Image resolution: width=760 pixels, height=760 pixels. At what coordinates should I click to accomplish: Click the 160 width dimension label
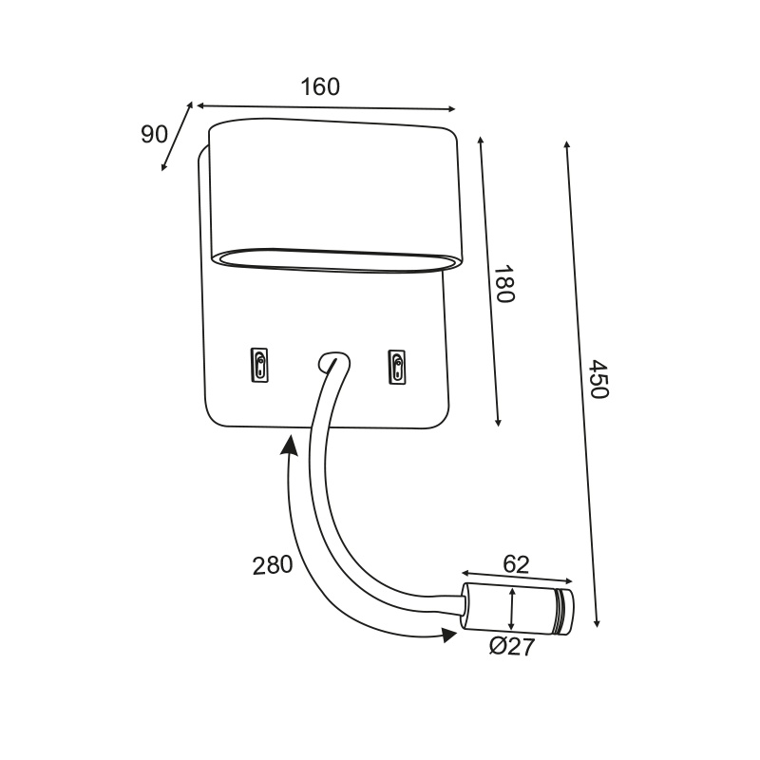pyautogui.click(x=320, y=87)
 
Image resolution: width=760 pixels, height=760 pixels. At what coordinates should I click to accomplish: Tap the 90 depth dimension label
pyautogui.click(x=154, y=134)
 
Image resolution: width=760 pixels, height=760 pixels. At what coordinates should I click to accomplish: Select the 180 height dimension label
pyautogui.click(x=503, y=283)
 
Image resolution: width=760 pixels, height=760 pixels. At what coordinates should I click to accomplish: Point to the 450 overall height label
pyautogui.click(x=598, y=379)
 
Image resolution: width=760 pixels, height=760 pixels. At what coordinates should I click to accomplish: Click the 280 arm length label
pyautogui.click(x=273, y=565)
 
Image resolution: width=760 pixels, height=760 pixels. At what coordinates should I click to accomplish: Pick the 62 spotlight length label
pyautogui.click(x=516, y=564)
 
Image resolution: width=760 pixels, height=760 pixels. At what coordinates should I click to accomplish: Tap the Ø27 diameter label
pyautogui.click(x=512, y=647)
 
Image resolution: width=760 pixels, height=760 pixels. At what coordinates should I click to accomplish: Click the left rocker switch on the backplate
pyautogui.click(x=259, y=365)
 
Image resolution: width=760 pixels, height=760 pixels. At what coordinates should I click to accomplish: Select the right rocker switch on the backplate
pyautogui.click(x=396, y=368)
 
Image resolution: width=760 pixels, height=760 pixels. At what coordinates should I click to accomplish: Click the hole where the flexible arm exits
pyautogui.click(x=333, y=362)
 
